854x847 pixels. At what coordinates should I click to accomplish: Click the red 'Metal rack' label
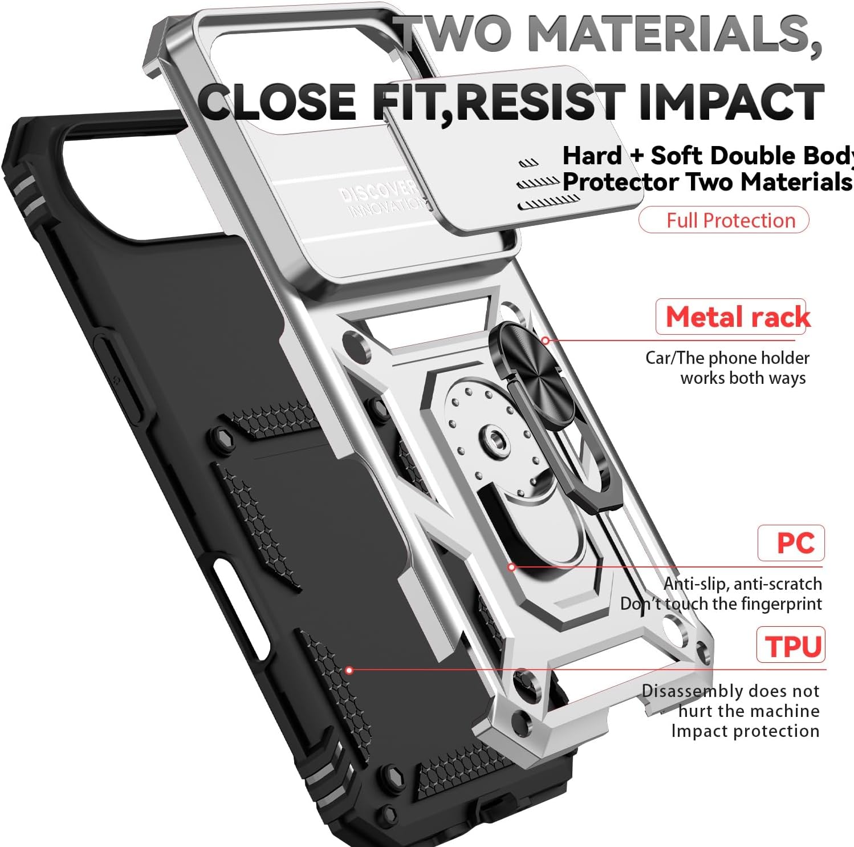pos(737,317)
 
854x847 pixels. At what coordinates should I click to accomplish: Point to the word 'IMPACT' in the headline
pos(731,102)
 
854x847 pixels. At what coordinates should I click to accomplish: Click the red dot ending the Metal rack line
pos(546,341)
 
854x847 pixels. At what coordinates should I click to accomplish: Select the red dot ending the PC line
pos(512,567)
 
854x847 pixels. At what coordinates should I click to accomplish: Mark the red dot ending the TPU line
pos(349,670)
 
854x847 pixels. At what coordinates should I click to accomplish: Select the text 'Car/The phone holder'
pos(727,358)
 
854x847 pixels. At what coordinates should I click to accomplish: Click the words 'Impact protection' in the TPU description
pos(745,731)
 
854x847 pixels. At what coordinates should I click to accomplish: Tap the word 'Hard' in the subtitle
pos(592,156)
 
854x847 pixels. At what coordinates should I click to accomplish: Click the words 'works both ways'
pos(743,378)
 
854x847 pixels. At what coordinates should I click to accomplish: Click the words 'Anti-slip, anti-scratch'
pos(742,583)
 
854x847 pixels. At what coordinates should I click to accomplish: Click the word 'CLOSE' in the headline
pos(278,102)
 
